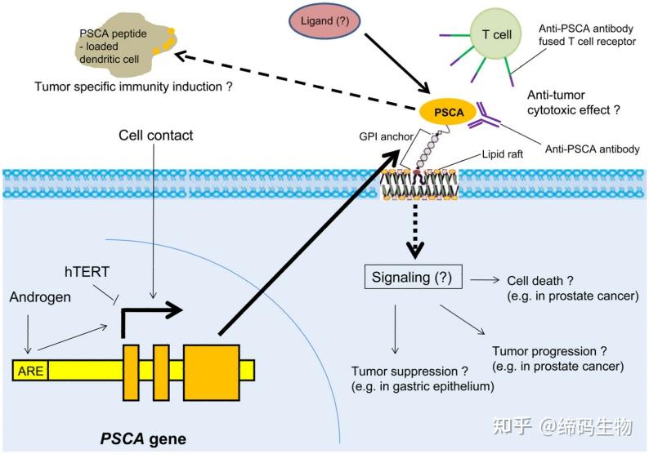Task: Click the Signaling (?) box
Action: [x=414, y=277]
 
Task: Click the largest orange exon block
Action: [x=212, y=371]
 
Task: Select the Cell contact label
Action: [x=155, y=135]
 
